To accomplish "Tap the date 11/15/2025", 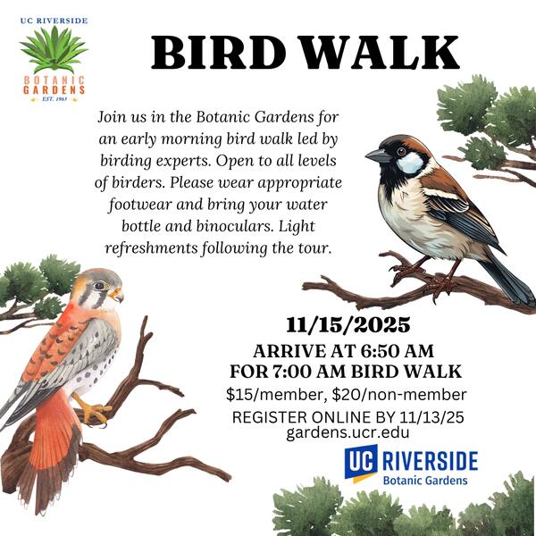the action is tap(348, 325).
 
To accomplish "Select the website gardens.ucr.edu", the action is tap(348, 432).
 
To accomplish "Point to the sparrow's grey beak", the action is tap(378, 156).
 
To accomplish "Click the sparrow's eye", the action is tap(402, 151).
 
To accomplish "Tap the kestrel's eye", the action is tap(99, 286).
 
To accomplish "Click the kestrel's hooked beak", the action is tap(117, 295).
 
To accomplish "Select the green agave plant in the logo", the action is tap(54, 49).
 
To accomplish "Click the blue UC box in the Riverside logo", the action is tap(361, 461).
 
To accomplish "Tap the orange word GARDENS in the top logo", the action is tap(54, 90).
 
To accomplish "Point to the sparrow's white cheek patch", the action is tap(410, 163).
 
